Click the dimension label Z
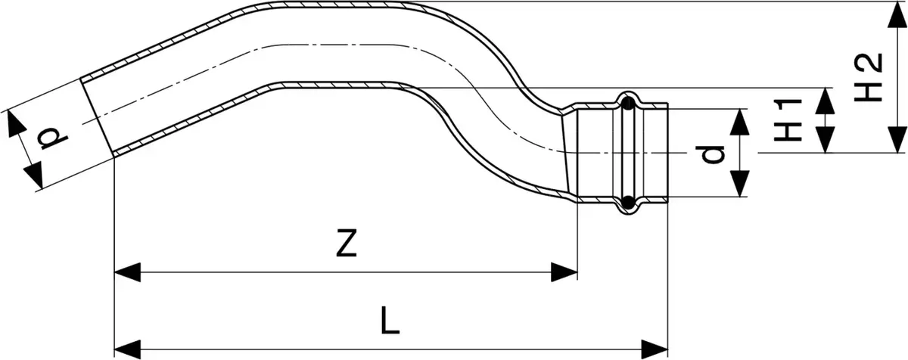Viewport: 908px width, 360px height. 347,243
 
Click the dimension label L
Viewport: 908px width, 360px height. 390,321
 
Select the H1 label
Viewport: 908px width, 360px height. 788,120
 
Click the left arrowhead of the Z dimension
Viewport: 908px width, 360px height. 128,272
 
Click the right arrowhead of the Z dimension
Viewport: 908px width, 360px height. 564,272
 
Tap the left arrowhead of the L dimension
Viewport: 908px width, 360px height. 128,349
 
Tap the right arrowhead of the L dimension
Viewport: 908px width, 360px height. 655,349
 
